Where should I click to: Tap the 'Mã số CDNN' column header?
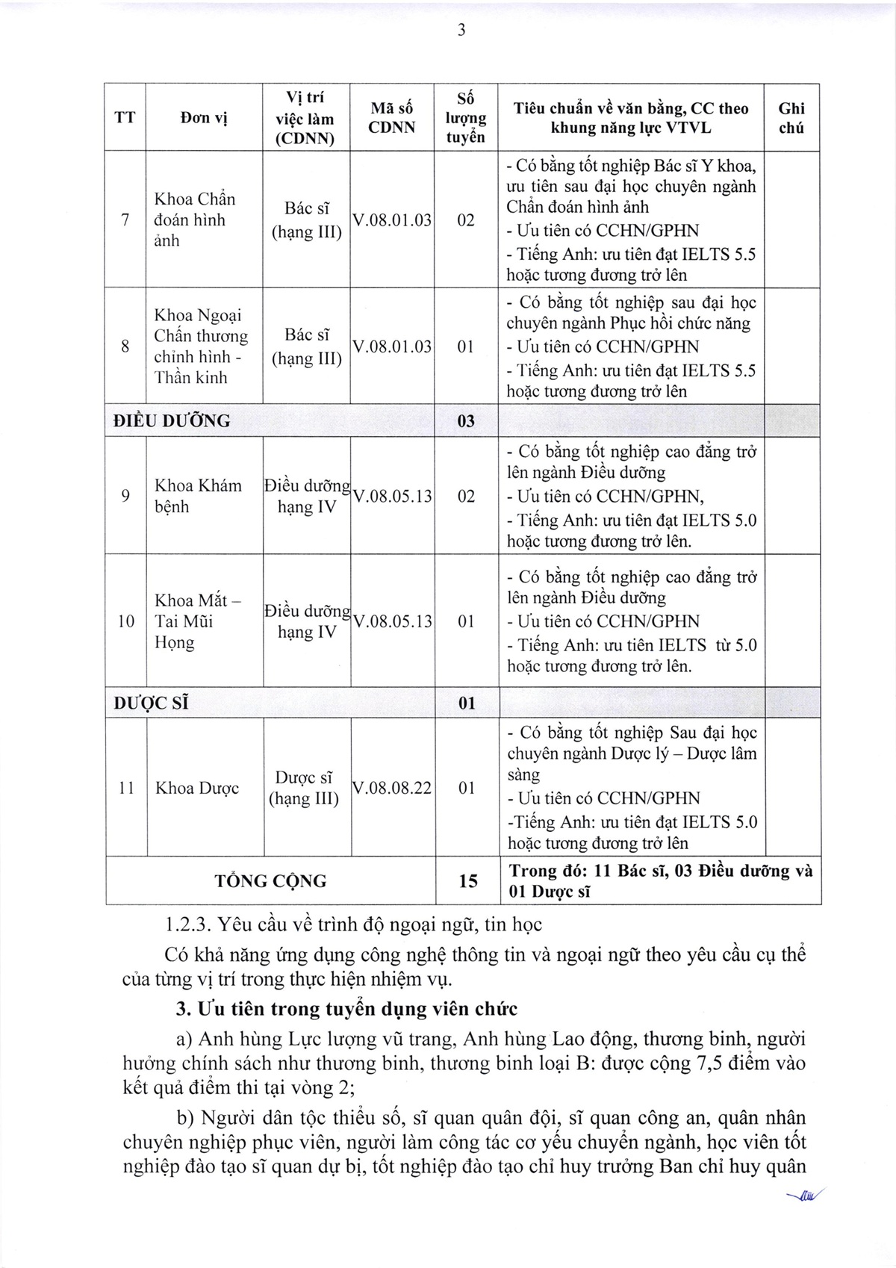pyautogui.click(x=392, y=118)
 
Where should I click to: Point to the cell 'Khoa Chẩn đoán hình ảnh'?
pyautogui.click(x=195, y=220)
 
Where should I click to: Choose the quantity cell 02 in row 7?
pyautogui.click(x=465, y=220)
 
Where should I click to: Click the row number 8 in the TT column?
pyautogui.click(x=125, y=346)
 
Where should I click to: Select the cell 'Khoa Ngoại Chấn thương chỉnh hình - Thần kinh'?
pyautogui.click(x=201, y=346)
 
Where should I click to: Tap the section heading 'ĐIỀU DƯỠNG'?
pyautogui.click(x=172, y=421)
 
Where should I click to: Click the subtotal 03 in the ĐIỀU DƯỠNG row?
pyautogui.click(x=466, y=421)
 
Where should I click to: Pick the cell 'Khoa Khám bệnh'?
pyautogui.click(x=198, y=497)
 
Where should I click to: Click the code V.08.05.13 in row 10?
pyautogui.click(x=393, y=621)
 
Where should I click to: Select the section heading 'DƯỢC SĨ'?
pyautogui.click(x=151, y=703)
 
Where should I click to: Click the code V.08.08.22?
pyautogui.click(x=392, y=788)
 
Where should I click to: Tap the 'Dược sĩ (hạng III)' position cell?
pyautogui.click(x=304, y=788)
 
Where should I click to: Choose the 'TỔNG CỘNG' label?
pyautogui.click(x=270, y=881)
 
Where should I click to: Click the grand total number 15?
pyautogui.click(x=467, y=881)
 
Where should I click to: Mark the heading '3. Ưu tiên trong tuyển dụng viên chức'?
pyautogui.click(x=346, y=1009)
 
